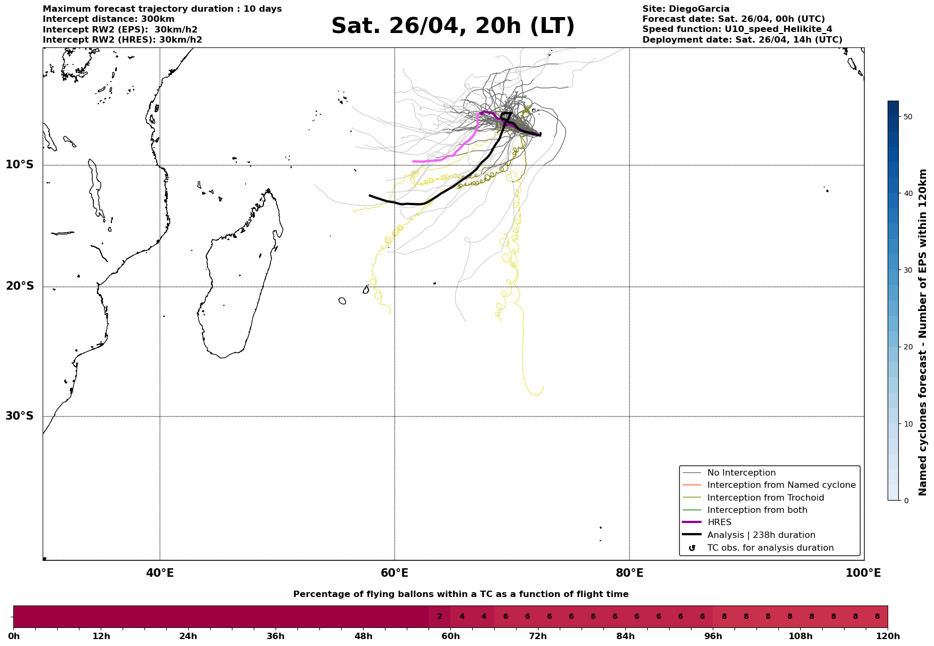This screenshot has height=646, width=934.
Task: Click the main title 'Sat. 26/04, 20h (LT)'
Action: tap(453, 26)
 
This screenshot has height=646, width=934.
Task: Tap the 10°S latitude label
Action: tap(20, 165)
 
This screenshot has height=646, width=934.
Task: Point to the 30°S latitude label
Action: tap(20, 416)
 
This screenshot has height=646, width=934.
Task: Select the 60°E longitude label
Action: tap(394, 573)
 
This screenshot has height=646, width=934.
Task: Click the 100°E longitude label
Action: tap(863, 573)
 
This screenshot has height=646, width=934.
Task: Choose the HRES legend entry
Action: tap(719, 522)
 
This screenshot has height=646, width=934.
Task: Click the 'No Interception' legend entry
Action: tap(741, 473)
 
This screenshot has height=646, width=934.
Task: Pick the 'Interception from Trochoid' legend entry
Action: tap(765, 498)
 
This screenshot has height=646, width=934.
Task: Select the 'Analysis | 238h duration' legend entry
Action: tap(761, 535)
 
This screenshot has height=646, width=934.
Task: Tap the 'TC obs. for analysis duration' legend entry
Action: tap(770, 548)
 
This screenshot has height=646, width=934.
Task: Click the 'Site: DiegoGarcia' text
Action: tap(686, 9)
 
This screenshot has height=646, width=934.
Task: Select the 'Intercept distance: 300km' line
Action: tap(108, 19)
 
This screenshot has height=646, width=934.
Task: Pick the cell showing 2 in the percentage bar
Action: tap(439, 617)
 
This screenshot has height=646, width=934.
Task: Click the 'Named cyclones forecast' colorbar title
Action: tap(923, 332)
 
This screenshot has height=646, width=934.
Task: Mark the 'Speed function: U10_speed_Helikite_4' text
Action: tap(737, 29)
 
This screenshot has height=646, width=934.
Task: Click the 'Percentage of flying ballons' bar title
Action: tap(461, 594)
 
